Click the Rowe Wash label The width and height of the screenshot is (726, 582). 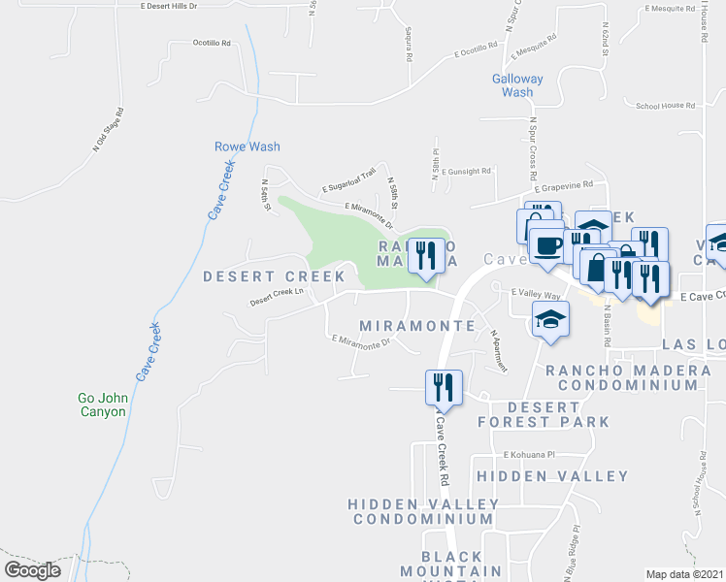[x=247, y=147]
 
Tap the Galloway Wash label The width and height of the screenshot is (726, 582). [x=517, y=85]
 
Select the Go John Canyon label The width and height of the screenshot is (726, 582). [x=102, y=404]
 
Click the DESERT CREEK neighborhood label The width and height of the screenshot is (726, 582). [x=274, y=277]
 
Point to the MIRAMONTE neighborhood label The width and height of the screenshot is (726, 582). [x=416, y=326]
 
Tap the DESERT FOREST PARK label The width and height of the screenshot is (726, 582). [x=544, y=414]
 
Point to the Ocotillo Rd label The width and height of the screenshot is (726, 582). [x=212, y=44]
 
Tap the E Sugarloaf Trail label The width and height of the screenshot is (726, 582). [x=348, y=180]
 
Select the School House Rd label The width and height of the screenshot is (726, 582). [x=665, y=106]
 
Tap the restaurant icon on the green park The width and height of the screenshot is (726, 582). [x=425, y=257]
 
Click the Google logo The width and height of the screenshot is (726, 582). [x=33, y=570]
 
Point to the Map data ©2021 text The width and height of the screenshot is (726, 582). [x=684, y=574]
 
